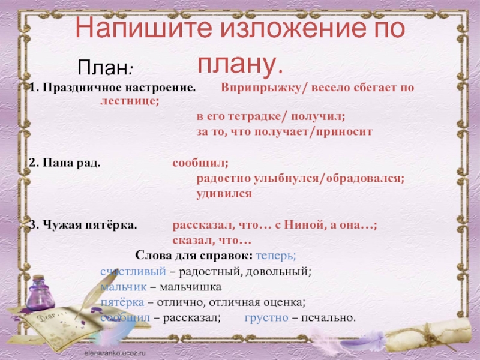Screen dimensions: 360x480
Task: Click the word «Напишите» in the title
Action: click(126, 29)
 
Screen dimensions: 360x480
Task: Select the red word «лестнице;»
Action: click(129, 101)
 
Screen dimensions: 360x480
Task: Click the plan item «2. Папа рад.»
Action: click(65, 163)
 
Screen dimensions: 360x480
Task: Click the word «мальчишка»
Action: click(194, 287)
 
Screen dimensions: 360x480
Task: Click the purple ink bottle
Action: click(40, 294)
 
